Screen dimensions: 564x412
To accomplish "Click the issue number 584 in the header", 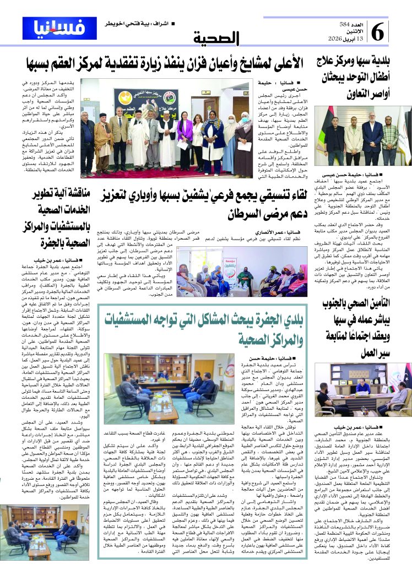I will click(345, 24).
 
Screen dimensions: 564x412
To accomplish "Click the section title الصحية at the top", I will click(216, 39).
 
